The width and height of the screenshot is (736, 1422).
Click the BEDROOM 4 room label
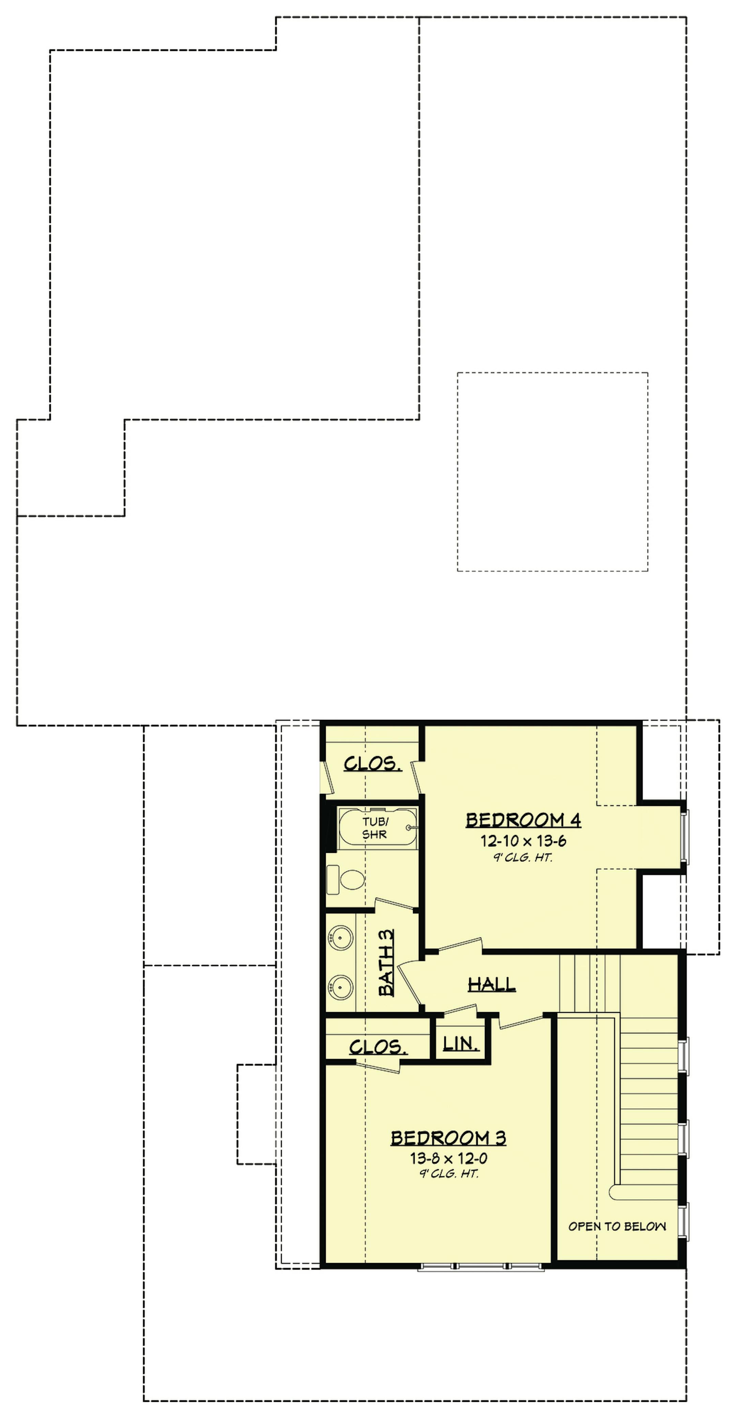(523, 820)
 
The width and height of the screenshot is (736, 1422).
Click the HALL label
(492, 984)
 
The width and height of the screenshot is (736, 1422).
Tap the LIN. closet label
(461, 1043)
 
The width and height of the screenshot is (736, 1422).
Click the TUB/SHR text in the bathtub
(374, 828)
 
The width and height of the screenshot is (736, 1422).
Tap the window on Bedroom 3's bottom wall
(480, 1268)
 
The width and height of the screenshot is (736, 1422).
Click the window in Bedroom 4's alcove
(684, 836)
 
